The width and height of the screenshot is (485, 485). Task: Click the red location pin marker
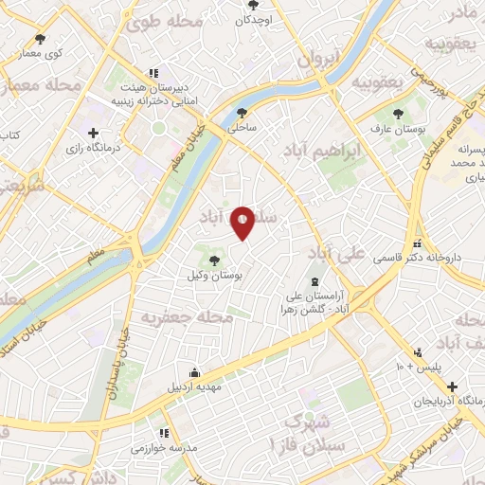(x=243, y=222)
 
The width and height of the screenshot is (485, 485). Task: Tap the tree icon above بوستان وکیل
(x=215, y=260)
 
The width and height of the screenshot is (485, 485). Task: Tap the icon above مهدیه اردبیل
(x=194, y=371)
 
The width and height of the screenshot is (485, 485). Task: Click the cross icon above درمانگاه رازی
(x=93, y=133)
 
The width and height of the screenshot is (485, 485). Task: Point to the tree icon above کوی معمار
(x=40, y=39)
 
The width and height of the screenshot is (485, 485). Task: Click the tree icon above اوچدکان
(x=251, y=5)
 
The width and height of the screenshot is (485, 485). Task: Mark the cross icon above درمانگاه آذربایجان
(x=454, y=386)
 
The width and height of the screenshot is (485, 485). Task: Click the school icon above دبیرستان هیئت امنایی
(x=151, y=74)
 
